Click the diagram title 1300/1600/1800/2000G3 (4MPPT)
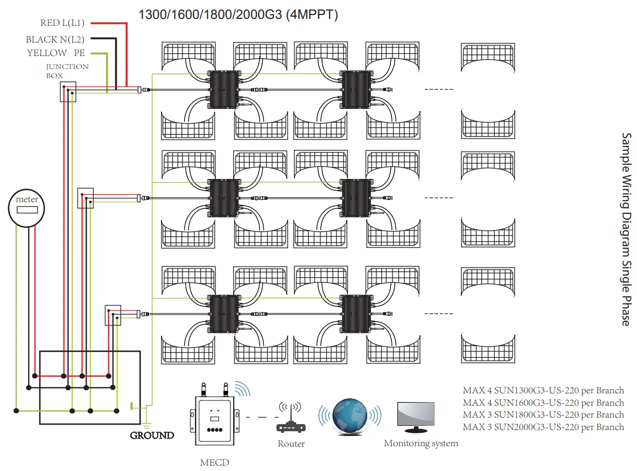coord(239,15)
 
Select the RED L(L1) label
coord(62,23)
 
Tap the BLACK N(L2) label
coord(55,39)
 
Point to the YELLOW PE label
coord(56,53)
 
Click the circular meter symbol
coord(26,207)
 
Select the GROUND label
coord(152,435)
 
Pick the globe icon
coord(349,416)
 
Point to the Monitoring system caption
coord(421,444)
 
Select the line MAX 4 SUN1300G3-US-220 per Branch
coord(543,391)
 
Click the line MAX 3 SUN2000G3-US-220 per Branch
coord(543,427)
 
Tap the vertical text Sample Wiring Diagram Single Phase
coord(626,229)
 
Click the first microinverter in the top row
coord(222,89)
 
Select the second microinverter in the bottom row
coord(355,313)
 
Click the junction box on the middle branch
coord(86,198)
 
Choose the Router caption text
coord(291,444)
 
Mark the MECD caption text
coord(214,462)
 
